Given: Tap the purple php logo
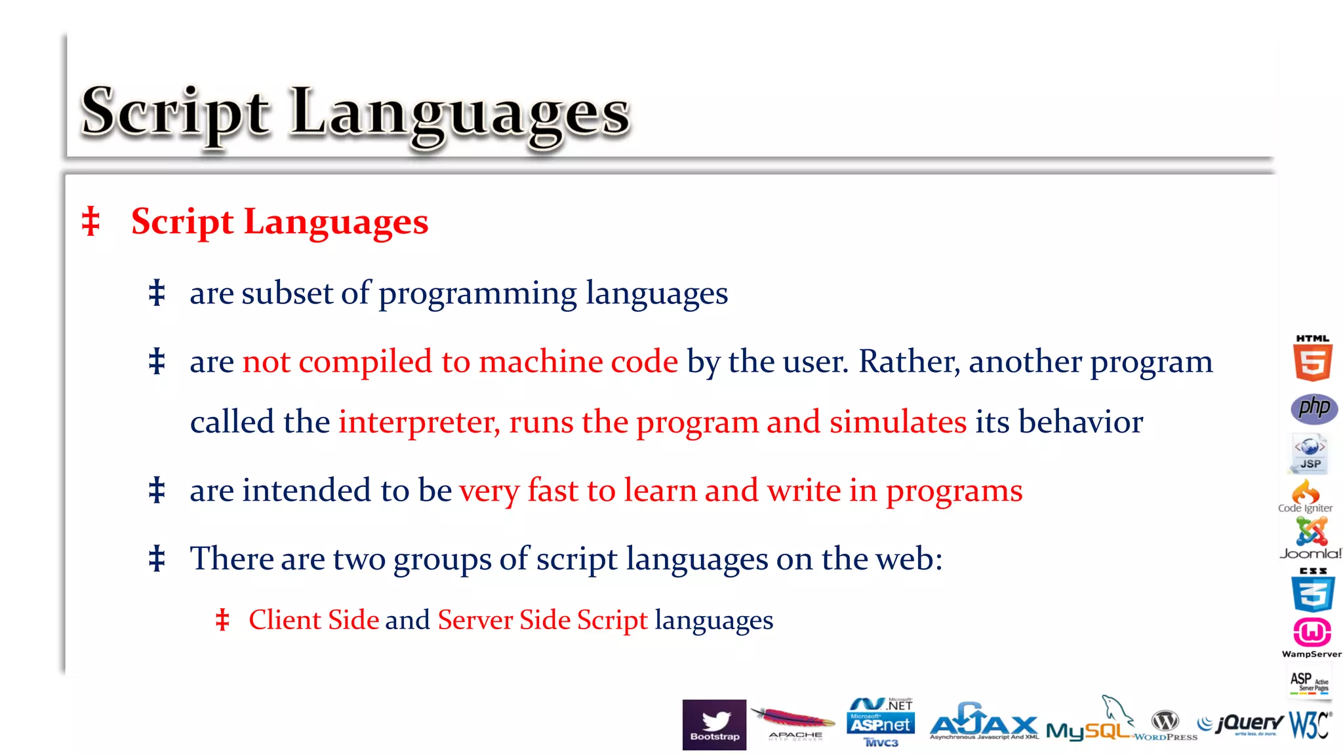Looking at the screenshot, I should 1313,408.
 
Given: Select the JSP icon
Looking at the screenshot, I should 1310,453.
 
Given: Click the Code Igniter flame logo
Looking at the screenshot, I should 1305,496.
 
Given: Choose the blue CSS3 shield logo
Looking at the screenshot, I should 1313,590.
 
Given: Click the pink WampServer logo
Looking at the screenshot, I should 1312,636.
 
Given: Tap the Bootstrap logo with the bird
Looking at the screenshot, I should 714,724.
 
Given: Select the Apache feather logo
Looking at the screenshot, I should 793,724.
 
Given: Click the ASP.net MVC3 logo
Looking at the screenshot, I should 881,723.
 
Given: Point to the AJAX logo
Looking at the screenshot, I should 984,724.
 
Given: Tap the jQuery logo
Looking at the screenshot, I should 1240,724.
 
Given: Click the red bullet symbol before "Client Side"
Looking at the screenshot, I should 223,620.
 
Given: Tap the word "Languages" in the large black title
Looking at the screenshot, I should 459,113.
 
